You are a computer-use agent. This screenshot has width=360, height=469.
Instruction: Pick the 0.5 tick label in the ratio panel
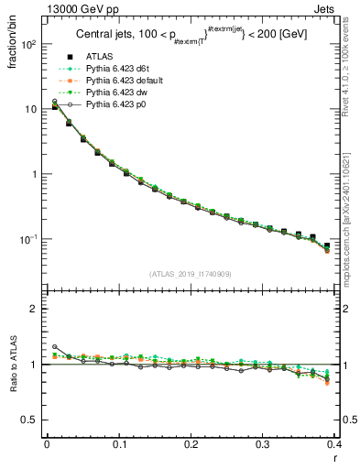coord(30,420)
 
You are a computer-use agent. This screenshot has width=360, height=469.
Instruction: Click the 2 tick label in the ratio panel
coord(35,309)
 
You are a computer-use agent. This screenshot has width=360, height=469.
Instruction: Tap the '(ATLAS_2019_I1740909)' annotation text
coord(190,274)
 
